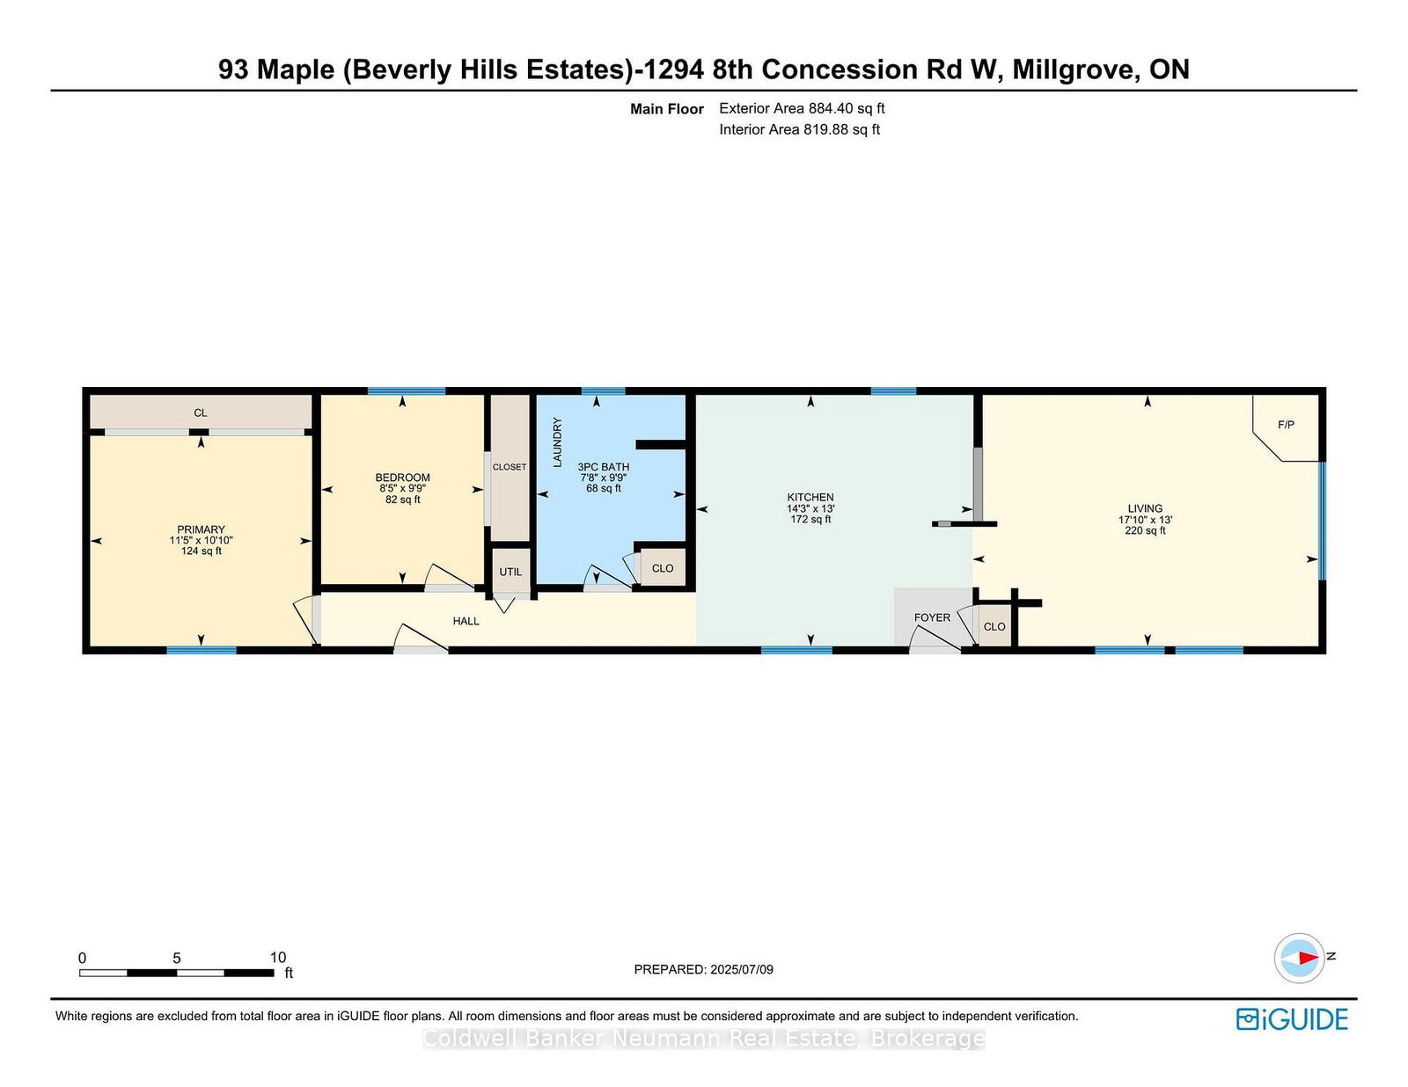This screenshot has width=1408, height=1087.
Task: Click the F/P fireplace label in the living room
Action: point(1286,425)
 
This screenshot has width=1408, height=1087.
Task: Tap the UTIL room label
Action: point(510,572)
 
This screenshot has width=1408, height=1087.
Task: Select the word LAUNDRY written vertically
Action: point(556,442)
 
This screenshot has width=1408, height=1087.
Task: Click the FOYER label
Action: point(932,617)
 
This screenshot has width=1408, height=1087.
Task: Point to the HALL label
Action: point(466,621)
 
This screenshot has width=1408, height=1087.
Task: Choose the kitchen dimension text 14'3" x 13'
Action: point(810,509)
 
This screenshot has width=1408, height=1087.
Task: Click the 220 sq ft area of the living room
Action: point(1145,531)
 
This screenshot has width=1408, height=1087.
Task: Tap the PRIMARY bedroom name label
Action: point(201,529)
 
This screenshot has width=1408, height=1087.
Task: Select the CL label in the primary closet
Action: point(201,413)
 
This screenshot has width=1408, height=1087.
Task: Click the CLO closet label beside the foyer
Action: point(994,627)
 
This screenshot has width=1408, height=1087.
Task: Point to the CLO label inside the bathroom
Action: point(663,568)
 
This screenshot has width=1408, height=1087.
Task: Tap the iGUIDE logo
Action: point(1291,1019)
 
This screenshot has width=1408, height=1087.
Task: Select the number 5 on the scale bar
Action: point(176,959)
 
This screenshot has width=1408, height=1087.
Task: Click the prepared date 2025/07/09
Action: point(741,969)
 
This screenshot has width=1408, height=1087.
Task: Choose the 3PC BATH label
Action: point(604,467)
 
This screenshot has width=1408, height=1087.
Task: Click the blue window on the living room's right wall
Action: point(1323,521)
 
